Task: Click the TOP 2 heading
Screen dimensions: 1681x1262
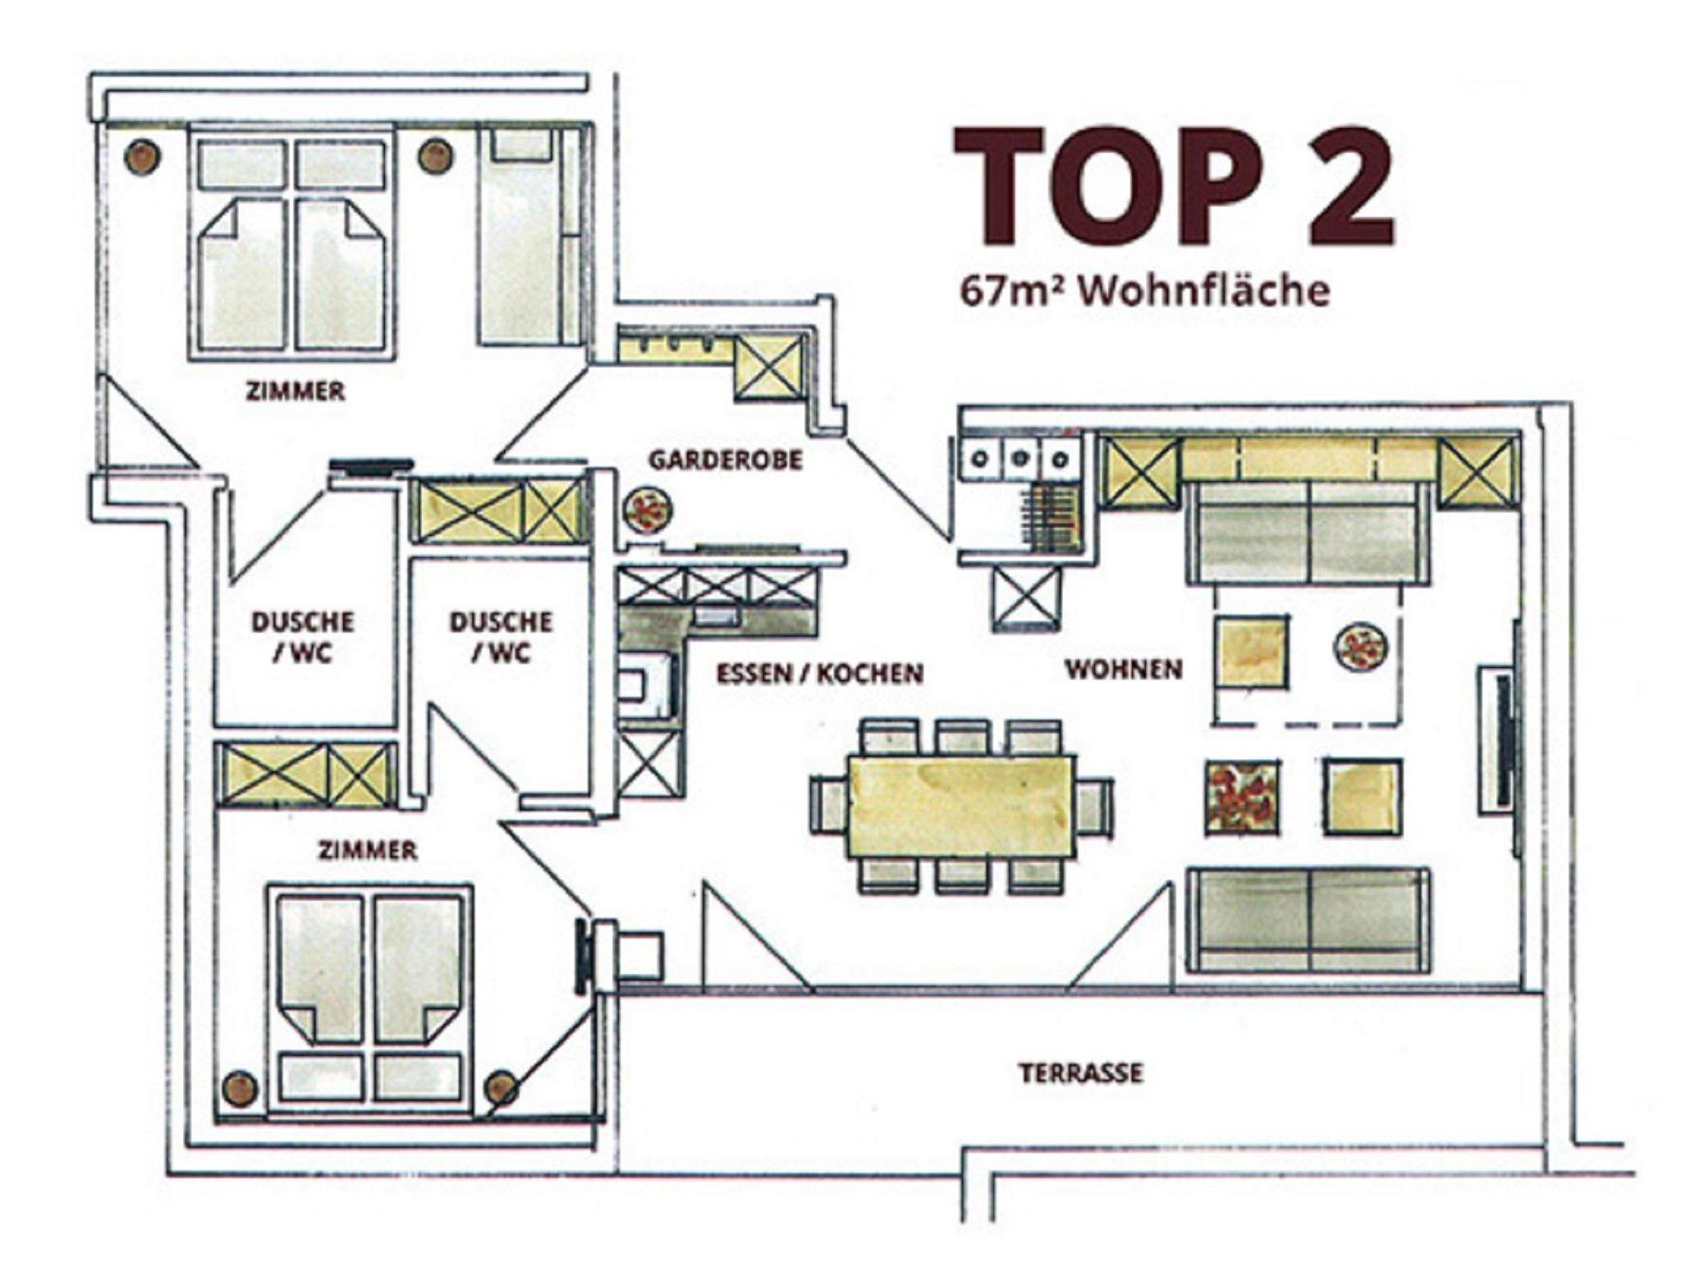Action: (1174, 186)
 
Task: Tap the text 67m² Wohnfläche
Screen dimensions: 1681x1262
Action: (1145, 291)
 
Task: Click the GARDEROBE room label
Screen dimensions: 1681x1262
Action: (726, 460)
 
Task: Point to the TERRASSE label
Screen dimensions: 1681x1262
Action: (1081, 1072)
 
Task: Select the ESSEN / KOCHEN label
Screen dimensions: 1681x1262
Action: (820, 674)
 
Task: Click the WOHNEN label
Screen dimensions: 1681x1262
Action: (1124, 670)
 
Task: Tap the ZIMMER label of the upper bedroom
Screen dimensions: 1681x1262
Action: (295, 391)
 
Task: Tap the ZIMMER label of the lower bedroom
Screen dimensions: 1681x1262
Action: (368, 851)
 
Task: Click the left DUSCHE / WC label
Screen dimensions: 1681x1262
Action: (303, 637)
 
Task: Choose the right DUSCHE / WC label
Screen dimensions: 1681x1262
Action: (501, 637)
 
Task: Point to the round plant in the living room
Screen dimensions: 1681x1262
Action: (1360, 647)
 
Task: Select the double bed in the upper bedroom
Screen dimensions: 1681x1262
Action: (291, 243)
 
